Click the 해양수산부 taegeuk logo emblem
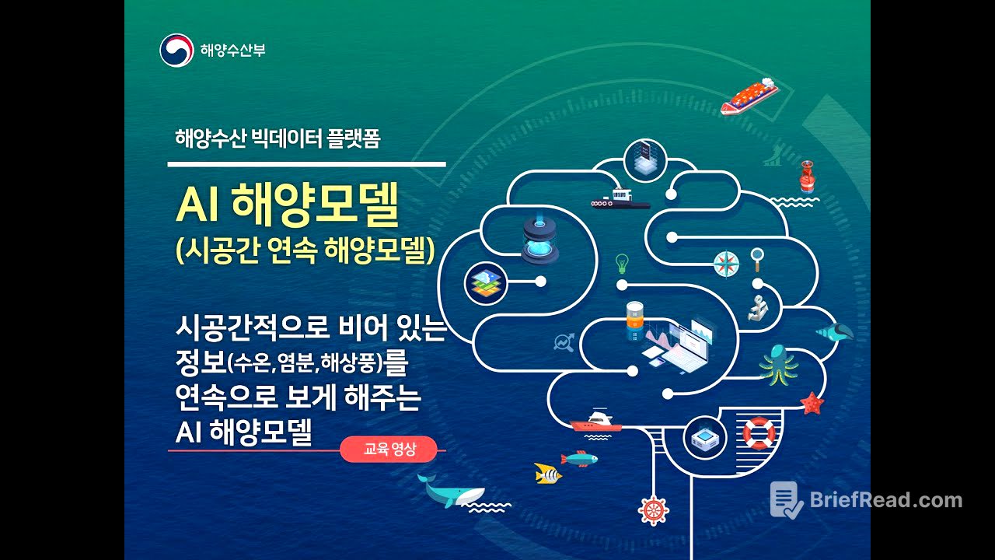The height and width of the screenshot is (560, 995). coord(176,51)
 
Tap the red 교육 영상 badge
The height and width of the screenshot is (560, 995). coord(389,449)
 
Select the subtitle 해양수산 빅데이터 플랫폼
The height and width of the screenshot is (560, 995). coord(278,140)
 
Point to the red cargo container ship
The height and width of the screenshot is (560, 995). coord(749,96)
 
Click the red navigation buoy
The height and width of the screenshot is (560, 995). coord(808,177)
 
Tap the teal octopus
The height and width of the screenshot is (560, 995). coord(778,363)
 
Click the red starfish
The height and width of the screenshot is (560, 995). coord(812,402)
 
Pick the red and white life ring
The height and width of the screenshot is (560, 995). coord(759,433)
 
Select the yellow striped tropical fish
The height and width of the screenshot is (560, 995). coord(547,472)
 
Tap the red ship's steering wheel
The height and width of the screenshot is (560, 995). coord(653,509)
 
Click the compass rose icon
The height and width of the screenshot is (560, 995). coord(726,264)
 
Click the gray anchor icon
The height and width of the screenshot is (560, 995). coord(756,307)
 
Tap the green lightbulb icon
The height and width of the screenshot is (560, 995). coord(621,261)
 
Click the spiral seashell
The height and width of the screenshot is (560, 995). coord(835,332)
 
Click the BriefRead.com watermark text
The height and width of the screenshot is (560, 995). coord(886,500)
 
